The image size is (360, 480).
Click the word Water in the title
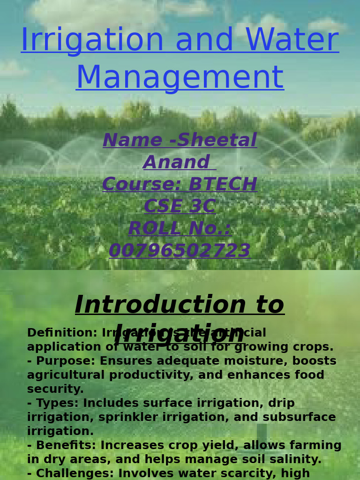pos(292,40)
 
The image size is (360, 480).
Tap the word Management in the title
pos(180,78)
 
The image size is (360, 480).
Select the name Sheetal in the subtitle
pos(217,141)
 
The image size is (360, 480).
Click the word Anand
pos(176,163)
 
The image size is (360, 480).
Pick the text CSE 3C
pos(180,207)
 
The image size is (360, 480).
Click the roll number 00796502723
pos(180,251)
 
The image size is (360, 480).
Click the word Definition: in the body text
pos(62,333)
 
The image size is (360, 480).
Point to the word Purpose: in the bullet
pos(66,361)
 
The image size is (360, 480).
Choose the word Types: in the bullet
pos(59,404)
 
